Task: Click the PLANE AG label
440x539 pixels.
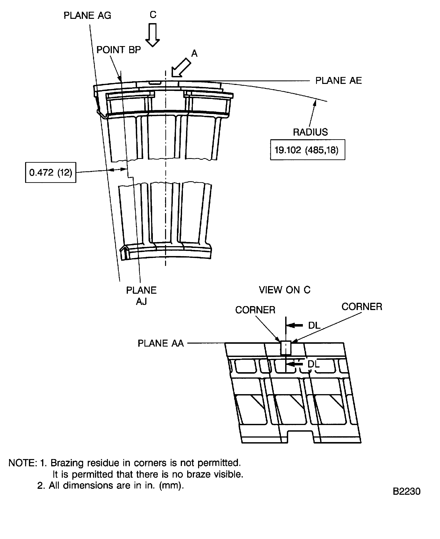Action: coord(87,16)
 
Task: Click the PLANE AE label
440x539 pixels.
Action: coord(338,81)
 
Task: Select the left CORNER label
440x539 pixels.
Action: coord(255,310)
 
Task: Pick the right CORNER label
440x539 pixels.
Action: coord(362,307)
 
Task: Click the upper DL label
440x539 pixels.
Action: coord(314,325)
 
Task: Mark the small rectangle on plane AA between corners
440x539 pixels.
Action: coord(286,348)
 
